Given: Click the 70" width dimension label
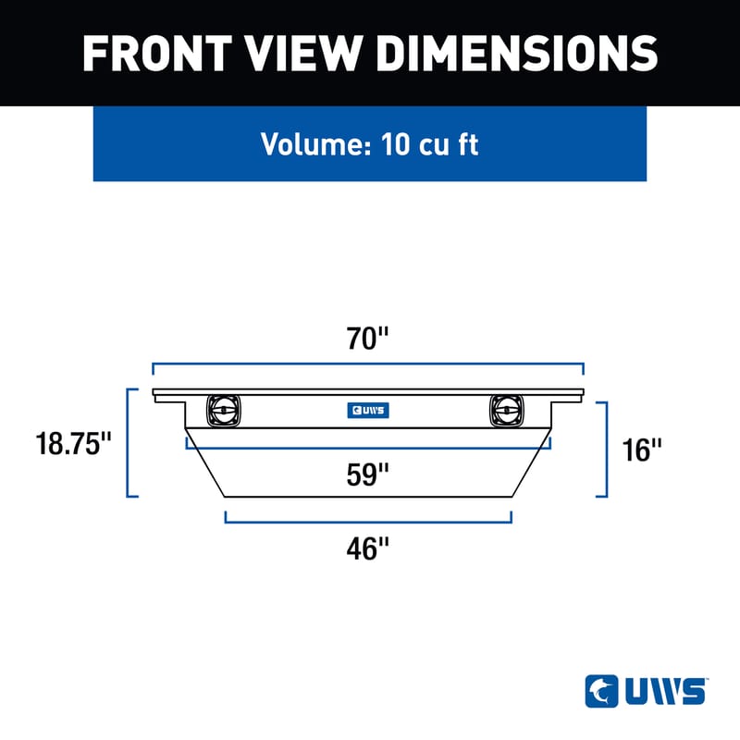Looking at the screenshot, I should [368, 339].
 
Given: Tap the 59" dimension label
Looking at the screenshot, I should [368, 475].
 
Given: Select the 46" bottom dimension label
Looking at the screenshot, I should [368, 549].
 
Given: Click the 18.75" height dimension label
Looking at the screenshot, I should [73, 443].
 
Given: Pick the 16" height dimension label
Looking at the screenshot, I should [644, 450].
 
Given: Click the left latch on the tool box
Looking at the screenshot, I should [223, 408].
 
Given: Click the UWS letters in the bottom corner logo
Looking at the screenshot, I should [665, 691].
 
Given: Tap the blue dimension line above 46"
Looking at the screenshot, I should [368, 522].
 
